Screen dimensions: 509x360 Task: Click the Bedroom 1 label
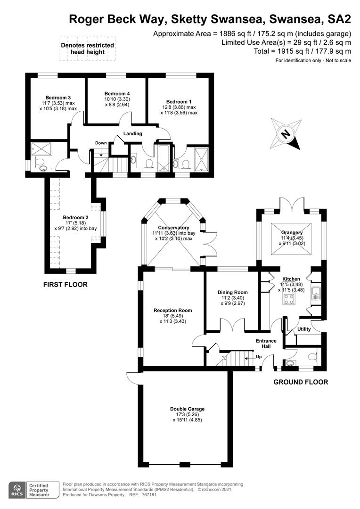(x=179, y=101)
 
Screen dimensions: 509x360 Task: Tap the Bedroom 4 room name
(x=117, y=93)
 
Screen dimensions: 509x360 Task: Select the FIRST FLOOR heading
(x=65, y=285)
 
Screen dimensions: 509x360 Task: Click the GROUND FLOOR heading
(x=301, y=382)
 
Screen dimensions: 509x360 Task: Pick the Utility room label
(x=304, y=328)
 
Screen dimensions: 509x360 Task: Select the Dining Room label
(x=232, y=292)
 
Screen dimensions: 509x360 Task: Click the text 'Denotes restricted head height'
(x=88, y=49)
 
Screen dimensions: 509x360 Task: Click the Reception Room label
(x=173, y=310)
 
